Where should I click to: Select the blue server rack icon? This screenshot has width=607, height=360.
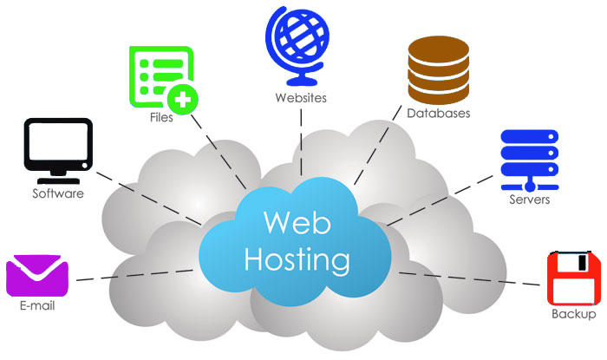point(528,160)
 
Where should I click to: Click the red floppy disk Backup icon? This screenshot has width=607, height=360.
point(573,277)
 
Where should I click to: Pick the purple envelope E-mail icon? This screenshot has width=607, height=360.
point(37,276)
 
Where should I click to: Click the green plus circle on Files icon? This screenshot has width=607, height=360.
point(182,100)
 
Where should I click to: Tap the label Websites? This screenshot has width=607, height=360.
point(301,97)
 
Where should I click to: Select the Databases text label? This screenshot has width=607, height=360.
point(439,113)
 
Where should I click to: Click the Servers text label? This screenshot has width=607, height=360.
point(529,200)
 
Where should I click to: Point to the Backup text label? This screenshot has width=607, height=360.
point(574,314)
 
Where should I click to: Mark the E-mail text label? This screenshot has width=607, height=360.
point(37,305)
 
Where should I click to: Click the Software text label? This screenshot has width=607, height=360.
point(58,193)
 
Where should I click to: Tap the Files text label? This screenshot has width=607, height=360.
point(160,117)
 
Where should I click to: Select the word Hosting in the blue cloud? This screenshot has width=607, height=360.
point(297,259)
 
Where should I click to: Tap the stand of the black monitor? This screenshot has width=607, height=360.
point(57,176)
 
